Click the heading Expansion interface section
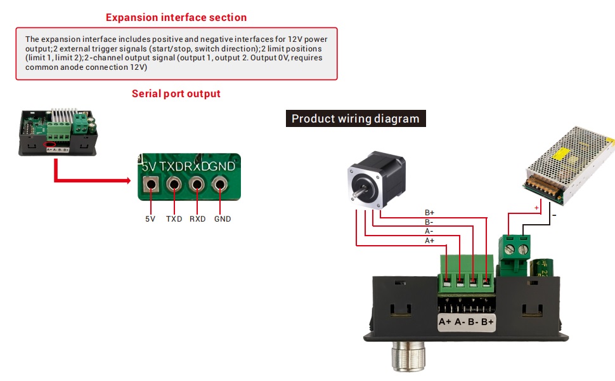point(176,17)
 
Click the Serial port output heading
point(176,93)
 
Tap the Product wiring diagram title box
point(355,119)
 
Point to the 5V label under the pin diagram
point(150,219)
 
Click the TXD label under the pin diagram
point(174,219)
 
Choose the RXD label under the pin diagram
point(198,219)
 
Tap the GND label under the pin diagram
point(223,219)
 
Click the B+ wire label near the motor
point(429,213)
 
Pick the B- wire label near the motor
point(429,222)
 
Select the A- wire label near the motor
point(429,231)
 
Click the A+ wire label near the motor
point(429,241)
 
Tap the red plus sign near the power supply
point(537,207)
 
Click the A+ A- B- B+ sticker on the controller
point(466,322)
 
